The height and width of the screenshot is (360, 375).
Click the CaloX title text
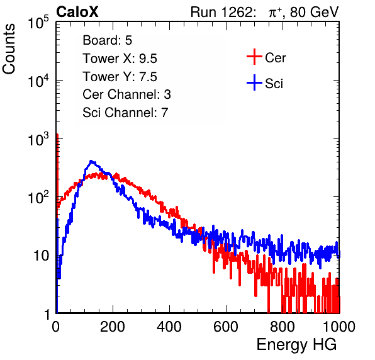(77, 12)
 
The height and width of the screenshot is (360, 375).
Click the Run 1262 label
(221, 12)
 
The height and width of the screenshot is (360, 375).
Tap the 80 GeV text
(314, 12)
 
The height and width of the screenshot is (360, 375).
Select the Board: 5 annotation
(108, 40)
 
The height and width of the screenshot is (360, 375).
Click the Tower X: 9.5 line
(120, 59)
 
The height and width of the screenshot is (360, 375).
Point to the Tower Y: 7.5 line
(120, 77)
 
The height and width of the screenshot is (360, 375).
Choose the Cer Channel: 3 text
(126, 94)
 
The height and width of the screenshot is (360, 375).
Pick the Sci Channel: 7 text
(125, 113)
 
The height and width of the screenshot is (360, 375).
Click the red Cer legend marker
(254, 57)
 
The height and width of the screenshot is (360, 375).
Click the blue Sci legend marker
(254, 83)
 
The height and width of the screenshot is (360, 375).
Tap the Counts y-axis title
(9, 48)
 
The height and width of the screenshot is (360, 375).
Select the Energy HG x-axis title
(296, 345)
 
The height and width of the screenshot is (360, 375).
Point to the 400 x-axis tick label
(169, 327)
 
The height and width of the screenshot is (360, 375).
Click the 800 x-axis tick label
(283, 327)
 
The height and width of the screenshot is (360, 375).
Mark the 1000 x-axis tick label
(339, 327)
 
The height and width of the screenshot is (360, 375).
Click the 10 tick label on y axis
(42, 256)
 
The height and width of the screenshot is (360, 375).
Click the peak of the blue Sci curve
(91, 161)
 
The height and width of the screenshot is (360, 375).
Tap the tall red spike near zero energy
(57, 167)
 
